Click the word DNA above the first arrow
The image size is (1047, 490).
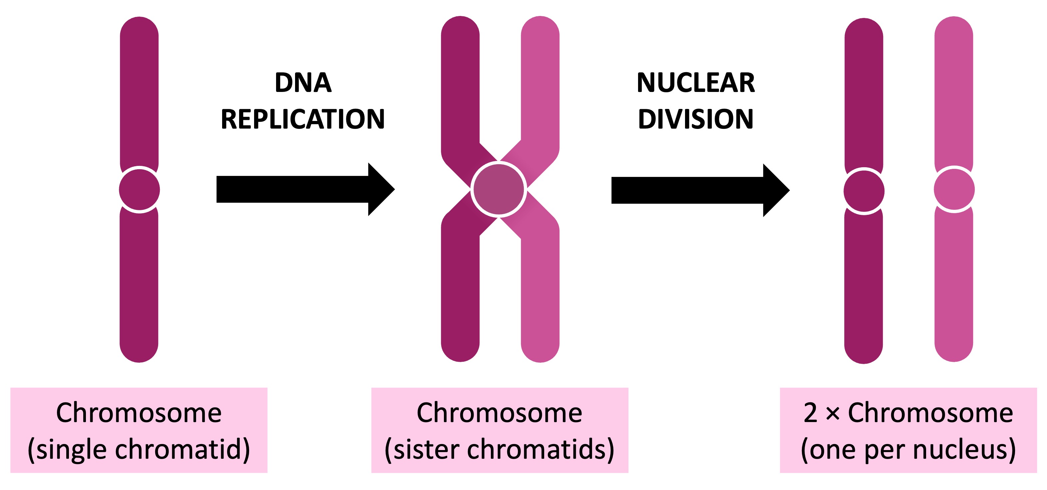tap(303, 83)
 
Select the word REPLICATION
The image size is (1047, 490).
tap(303, 119)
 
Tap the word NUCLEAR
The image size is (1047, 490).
tap(695, 83)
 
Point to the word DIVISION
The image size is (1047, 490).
tap(695, 119)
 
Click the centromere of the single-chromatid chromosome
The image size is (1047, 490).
tap(140, 190)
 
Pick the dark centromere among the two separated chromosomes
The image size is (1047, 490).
tap(864, 191)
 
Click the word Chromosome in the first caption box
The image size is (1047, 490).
tap(139, 413)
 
